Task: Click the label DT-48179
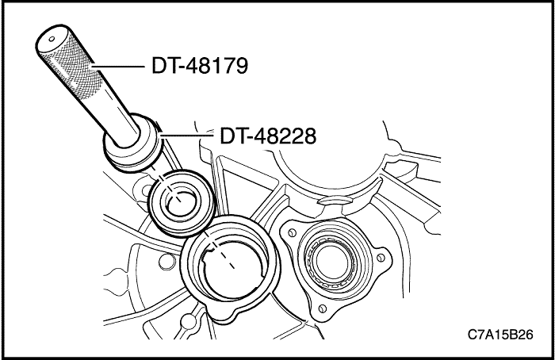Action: [200, 64]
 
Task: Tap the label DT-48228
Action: [267, 136]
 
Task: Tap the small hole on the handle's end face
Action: [49, 36]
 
